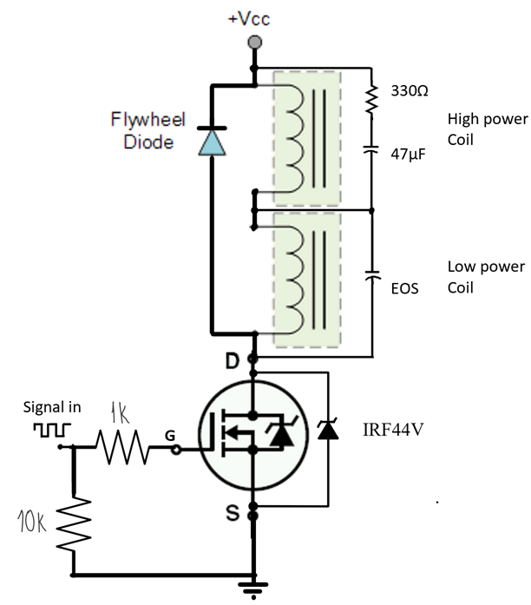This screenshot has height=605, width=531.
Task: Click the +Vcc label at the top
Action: pos(252,18)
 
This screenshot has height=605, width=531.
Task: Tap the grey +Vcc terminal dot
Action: pos(253,42)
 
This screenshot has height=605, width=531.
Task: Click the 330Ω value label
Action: pos(405,90)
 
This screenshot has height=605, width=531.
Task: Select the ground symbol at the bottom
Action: pos(253,591)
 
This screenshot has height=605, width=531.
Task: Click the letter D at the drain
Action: pos(233,358)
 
